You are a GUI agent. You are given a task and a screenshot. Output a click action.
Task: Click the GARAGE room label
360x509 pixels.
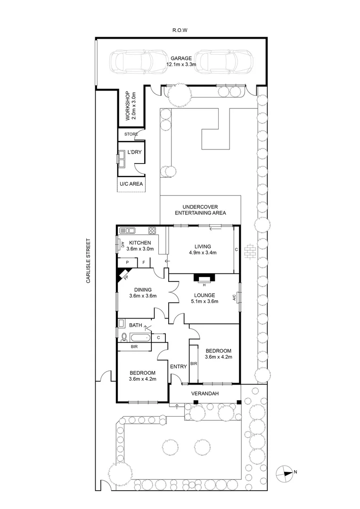[179, 58]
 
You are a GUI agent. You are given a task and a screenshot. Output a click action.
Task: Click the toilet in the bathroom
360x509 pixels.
[124, 337]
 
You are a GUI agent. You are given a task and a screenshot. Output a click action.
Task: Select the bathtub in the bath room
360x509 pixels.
[139, 337]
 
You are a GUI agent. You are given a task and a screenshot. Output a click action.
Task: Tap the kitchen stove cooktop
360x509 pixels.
[153, 231]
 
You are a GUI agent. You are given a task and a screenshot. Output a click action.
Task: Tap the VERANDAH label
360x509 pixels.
[205, 393]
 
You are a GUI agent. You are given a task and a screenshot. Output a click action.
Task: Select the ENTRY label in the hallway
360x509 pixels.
[179, 366]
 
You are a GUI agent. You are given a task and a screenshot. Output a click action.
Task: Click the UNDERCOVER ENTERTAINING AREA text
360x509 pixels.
[200, 210]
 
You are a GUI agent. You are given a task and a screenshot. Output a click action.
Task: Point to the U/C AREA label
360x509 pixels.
[131, 184]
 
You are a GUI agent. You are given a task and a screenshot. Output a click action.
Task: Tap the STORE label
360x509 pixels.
[131, 134]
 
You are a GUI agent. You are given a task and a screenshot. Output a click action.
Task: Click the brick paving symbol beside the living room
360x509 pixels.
[250, 250]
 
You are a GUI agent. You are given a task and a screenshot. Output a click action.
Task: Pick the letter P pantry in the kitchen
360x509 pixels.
[127, 263]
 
